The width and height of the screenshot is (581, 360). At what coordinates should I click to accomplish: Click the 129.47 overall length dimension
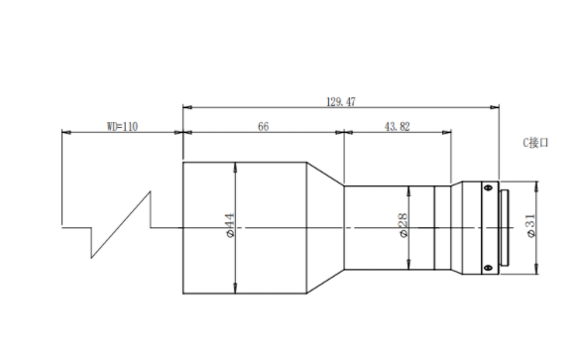[340, 102]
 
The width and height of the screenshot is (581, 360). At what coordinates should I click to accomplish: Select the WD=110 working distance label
[122, 127]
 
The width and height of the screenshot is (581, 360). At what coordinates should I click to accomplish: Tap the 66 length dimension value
[263, 127]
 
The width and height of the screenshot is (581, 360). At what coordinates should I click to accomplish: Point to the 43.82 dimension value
[398, 127]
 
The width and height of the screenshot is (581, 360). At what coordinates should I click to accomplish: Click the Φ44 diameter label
[230, 225]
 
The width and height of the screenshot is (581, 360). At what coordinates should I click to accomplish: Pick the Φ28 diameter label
[404, 225]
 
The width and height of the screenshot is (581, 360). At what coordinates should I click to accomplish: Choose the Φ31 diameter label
[531, 225]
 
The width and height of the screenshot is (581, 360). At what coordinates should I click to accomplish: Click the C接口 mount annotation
[535, 143]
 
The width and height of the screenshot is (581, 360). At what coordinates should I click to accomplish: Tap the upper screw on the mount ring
[488, 186]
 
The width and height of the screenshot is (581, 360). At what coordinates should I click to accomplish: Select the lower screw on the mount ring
[488, 268]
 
